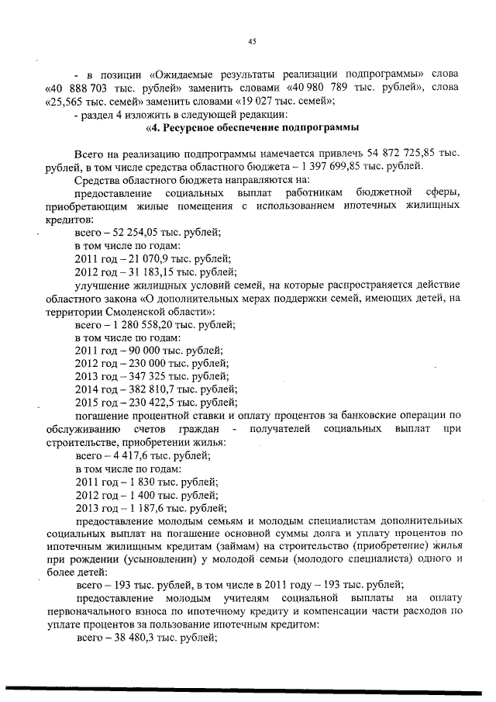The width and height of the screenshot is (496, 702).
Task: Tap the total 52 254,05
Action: coord(133,232)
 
